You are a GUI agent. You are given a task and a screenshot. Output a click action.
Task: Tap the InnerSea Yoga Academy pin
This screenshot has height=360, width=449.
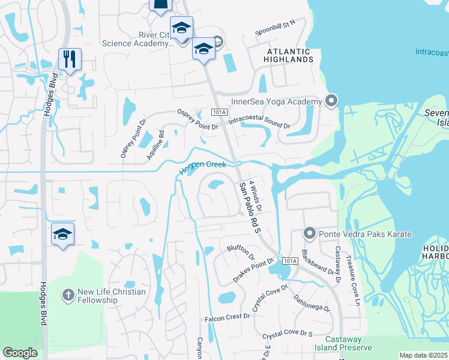tap(331, 100)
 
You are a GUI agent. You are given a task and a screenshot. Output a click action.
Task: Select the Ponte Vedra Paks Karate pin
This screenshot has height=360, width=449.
tap(310, 232)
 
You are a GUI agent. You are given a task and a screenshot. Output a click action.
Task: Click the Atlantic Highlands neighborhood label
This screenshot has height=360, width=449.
tap(290, 55)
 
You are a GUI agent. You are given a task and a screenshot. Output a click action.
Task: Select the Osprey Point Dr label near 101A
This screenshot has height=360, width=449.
tap(197, 119)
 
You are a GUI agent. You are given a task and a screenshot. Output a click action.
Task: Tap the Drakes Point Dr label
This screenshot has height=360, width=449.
tap(253, 268)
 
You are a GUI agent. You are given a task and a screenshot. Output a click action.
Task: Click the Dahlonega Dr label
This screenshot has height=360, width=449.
tap(311, 302)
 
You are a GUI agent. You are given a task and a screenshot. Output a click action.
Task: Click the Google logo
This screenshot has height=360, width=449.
tap(20, 353)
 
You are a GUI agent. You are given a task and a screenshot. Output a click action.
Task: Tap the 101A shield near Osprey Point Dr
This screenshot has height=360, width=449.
tap(220, 112)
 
